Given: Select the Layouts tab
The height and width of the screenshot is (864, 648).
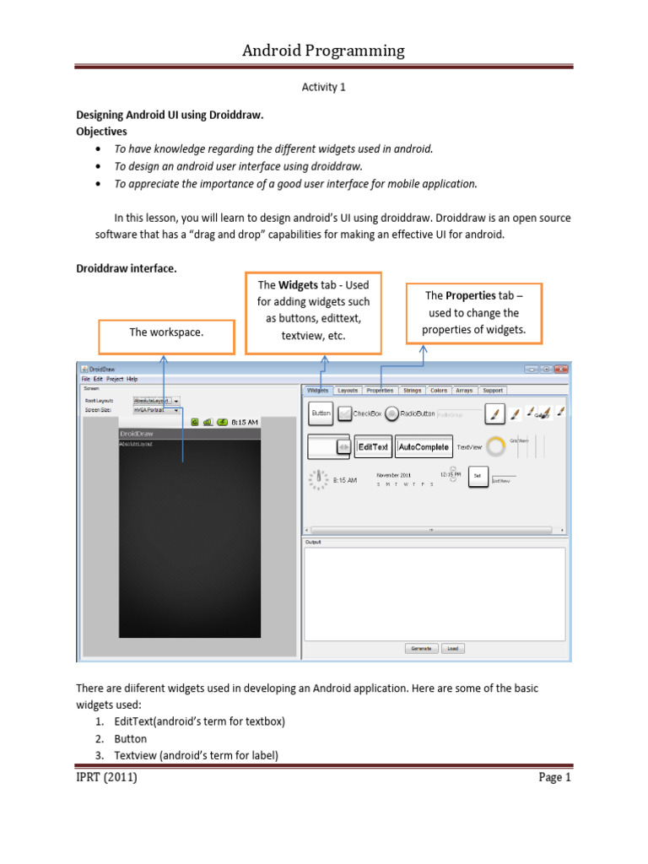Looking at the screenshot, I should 347,391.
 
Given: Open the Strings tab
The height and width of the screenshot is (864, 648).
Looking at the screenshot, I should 412,391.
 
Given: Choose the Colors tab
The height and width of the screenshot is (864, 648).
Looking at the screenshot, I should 439,391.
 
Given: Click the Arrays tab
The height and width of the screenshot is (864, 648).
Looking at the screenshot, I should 465,391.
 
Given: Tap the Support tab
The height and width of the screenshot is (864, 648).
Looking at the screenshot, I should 493,391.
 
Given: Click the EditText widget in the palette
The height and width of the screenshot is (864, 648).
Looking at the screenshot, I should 373,446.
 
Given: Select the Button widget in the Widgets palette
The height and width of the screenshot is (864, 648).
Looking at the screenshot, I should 321,413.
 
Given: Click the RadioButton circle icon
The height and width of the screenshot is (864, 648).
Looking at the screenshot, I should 391,413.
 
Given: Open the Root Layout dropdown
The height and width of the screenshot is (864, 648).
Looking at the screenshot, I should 156,401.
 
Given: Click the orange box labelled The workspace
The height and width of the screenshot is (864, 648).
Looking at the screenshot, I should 166,332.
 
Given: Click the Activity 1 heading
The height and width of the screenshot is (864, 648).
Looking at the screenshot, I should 324,86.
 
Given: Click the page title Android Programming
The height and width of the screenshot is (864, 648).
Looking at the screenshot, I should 324,51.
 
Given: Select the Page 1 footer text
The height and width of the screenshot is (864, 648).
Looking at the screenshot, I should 555,777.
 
